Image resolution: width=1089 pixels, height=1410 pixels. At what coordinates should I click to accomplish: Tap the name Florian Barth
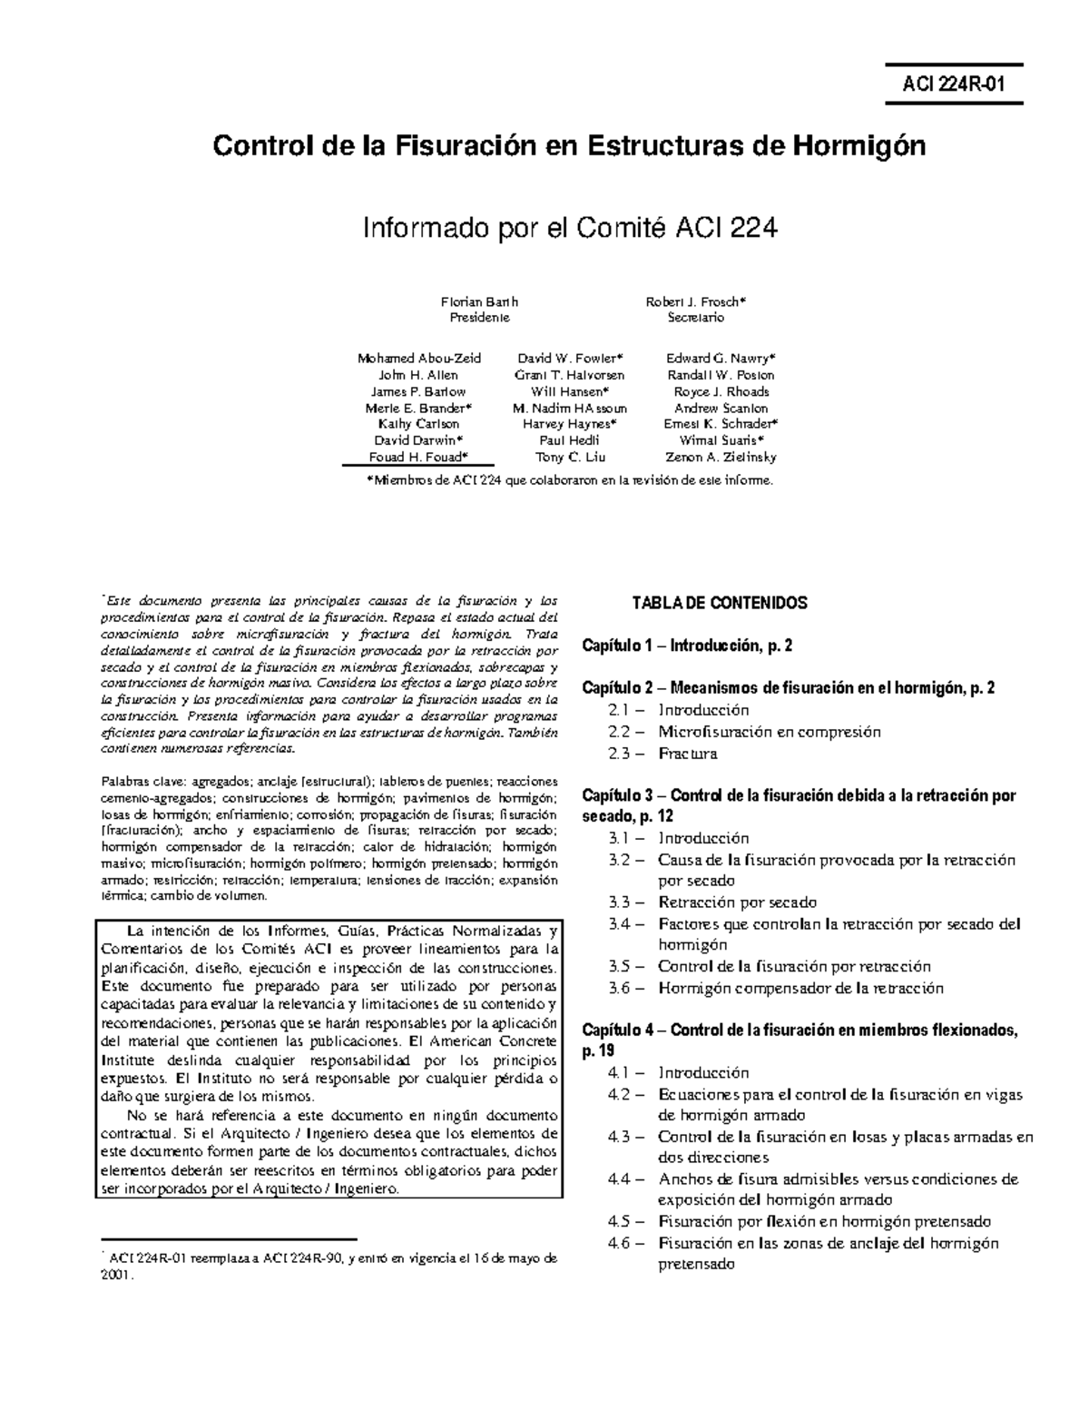tap(480, 301)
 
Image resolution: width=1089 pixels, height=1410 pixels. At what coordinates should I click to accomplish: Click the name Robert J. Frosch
tap(695, 301)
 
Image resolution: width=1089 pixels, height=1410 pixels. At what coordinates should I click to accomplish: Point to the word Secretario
tap(695, 318)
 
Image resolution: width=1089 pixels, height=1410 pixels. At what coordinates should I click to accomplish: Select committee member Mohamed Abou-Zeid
tap(419, 358)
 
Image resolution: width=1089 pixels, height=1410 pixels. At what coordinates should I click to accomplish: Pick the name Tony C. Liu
tap(571, 458)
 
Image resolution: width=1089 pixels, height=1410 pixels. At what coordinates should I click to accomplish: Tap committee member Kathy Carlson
tap(418, 424)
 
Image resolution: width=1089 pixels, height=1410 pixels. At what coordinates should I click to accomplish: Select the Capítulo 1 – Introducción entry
tap(688, 646)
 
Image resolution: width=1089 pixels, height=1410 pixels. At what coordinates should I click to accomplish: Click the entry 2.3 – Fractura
tap(662, 754)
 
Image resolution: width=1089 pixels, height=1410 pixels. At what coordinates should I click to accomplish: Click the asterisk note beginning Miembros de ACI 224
tap(569, 480)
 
